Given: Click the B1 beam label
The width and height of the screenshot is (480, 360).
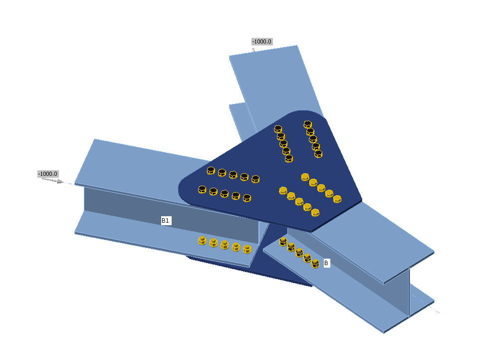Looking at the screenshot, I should pyautogui.click(x=166, y=220).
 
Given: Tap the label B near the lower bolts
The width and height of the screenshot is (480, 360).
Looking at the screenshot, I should pyautogui.click(x=326, y=263).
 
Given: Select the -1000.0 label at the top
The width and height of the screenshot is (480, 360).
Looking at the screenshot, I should pyautogui.click(x=262, y=41).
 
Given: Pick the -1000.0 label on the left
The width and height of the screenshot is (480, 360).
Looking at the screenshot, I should pyautogui.click(x=48, y=174).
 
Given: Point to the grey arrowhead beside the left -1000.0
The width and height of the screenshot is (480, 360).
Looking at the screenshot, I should pyautogui.click(x=59, y=181).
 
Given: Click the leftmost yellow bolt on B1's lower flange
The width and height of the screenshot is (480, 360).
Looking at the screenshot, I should pyautogui.click(x=202, y=241).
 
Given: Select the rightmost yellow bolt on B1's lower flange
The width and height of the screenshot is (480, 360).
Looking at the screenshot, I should pyautogui.click(x=247, y=248).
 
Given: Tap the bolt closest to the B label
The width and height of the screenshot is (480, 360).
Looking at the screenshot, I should pyautogui.click(x=315, y=263).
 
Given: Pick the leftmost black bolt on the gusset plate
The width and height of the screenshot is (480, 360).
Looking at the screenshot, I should pyautogui.click(x=202, y=189).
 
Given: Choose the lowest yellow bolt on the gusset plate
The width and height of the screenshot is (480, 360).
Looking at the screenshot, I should pyautogui.click(x=315, y=213).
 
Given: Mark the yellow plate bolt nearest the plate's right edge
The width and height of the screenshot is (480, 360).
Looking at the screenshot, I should pyautogui.click(x=337, y=199).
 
